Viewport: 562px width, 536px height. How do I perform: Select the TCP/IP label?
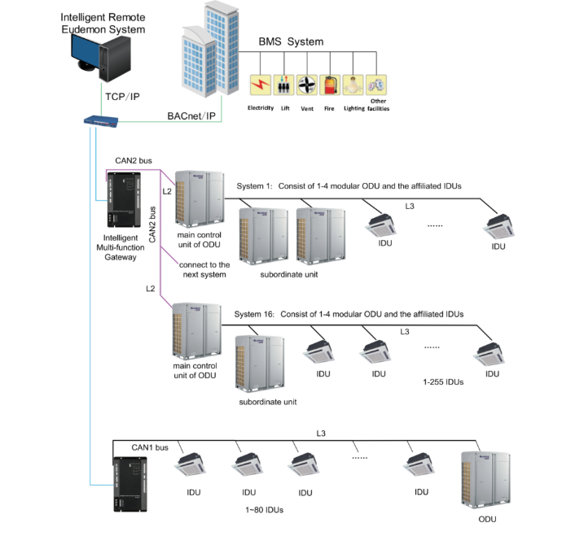click(122, 97)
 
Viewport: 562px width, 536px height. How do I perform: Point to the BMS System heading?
click(291, 41)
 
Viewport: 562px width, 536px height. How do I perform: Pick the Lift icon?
click(284, 86)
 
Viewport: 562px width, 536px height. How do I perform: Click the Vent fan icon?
click(307, 86)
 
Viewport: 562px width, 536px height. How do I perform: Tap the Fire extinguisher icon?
click(331, 86)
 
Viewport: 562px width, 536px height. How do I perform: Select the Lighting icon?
click(353, 86)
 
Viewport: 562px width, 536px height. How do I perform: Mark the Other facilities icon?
click(376, 86)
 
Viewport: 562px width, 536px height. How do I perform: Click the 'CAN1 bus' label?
click(150, 447)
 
